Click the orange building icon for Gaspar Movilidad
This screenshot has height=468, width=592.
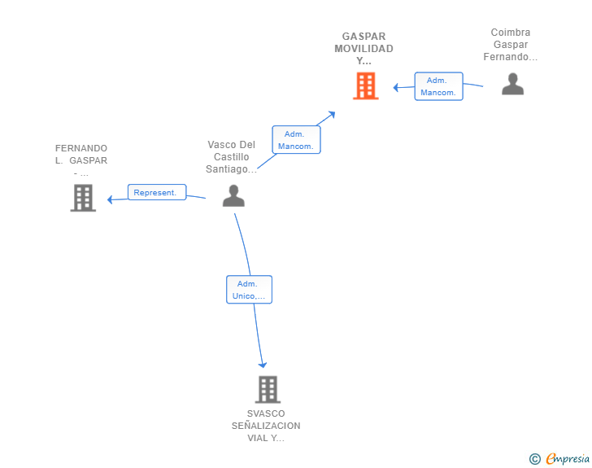(x=365, y=85)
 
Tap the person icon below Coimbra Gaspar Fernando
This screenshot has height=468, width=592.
(x=512, y=84)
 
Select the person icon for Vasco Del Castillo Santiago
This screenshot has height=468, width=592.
(x=233, y=195)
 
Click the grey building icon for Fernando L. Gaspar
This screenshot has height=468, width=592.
(x=83, y=198)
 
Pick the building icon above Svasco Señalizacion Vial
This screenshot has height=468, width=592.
(x=268, y=389)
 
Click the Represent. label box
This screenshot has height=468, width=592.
(x=157, y=192)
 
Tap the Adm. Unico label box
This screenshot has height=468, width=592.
(x=249, y=290)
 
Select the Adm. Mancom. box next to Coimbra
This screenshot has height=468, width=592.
(x=439, y=86)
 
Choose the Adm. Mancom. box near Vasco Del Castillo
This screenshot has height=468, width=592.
(x=296, y=139)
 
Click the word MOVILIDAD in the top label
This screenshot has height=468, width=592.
(x=364, y=49)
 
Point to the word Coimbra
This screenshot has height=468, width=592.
(x=511, y=33)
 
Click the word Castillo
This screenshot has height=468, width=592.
(x=232, y=157)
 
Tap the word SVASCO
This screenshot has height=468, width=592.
(x=266, y=413)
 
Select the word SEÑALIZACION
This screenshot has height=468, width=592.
(x=266, y=426)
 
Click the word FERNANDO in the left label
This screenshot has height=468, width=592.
(x=81, y=148)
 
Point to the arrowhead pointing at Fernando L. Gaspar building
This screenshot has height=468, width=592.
(x=110, y=199)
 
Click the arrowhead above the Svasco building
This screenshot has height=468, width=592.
(x=263, y=365)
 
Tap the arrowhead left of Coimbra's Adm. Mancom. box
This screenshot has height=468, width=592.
(x=396, y=88)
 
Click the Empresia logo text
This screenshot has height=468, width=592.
(x=568, y=459)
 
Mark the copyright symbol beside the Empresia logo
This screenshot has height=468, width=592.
(x=535, y=459)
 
